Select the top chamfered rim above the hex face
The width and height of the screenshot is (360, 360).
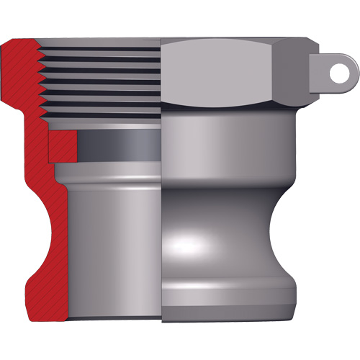click(216, 41)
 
